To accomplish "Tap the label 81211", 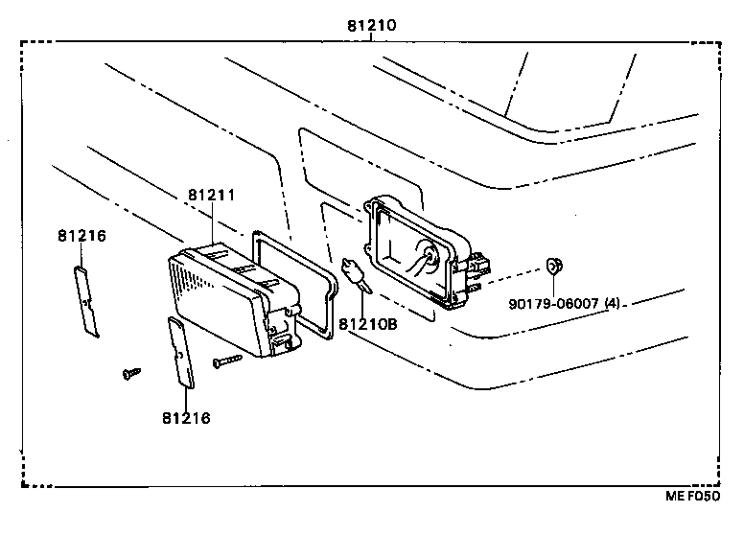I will coord(211,195).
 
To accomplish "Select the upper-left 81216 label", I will coord(81,236).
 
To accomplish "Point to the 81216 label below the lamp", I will coord(186,418).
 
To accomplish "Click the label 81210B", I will coord(366,324).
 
